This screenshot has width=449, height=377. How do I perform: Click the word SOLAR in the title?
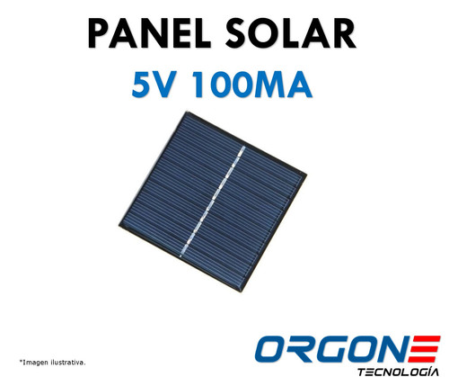pyautogui.click(x=295, y=38)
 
